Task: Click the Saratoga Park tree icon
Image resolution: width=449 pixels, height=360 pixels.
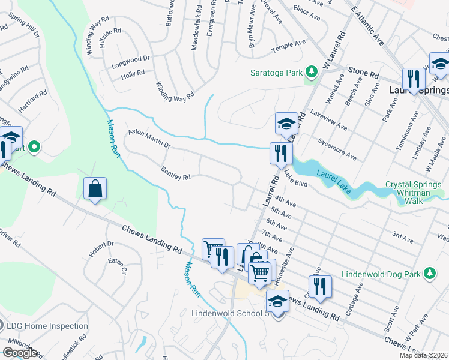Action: point(311,73)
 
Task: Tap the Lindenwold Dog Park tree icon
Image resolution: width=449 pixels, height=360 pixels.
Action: point(429,274)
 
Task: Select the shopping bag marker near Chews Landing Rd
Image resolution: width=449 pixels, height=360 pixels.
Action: point(95,189)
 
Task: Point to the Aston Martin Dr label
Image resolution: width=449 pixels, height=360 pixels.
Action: point(149,139)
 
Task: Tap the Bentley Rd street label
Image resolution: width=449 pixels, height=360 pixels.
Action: point(176,173)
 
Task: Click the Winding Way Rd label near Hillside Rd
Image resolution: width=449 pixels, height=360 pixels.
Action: point(97,39)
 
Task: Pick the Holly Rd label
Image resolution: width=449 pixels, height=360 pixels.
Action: point(133,74)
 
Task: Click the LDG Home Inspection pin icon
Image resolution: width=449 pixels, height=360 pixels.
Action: point(1,326)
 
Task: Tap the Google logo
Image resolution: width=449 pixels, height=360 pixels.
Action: point(20,352)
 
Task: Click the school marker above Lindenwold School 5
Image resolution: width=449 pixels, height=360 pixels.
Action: point(277,301)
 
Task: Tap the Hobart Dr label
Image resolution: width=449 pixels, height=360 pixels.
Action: point(101,248)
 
